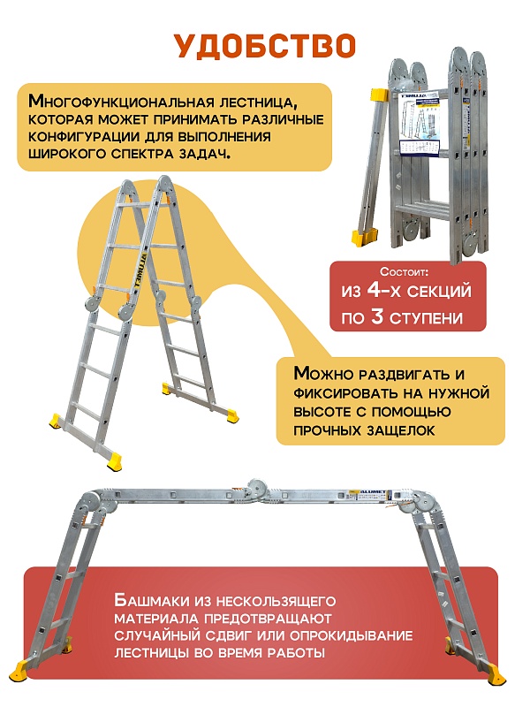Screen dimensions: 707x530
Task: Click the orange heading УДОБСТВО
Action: (x=264, y=45)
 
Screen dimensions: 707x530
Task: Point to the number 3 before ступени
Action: (x=377, y=316)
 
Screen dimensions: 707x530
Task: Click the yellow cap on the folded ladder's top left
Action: (x=380, y=95)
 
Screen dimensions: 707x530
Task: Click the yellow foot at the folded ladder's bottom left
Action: (x=365, y=237)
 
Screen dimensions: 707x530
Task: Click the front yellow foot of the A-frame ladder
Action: (x=114, y=459)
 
